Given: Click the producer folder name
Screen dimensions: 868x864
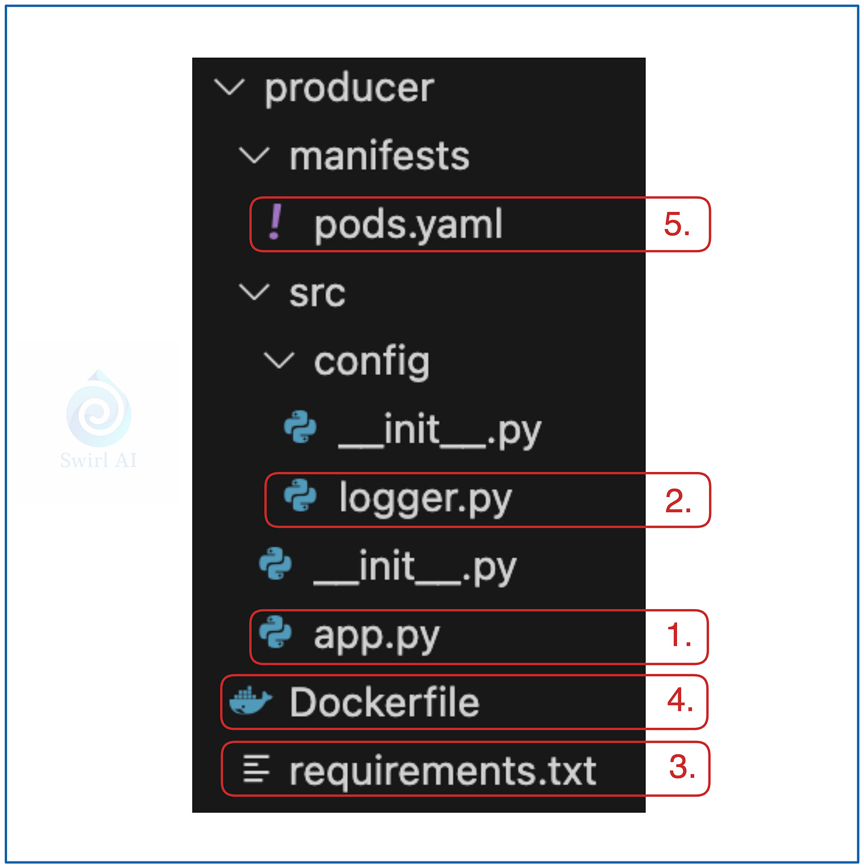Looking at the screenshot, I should pos(349,89).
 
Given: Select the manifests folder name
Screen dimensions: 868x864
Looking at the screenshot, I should pos(379,156).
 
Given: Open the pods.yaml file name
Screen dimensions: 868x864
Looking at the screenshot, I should pos(408,225).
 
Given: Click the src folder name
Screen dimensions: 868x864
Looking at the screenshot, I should pos(317,293).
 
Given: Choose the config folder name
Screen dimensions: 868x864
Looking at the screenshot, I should pos(371,362).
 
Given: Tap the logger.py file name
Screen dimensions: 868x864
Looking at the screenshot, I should pos(425,499).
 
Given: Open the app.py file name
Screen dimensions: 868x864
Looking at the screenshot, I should pos(376,636).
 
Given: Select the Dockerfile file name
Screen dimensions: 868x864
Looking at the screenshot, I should pos(384,703).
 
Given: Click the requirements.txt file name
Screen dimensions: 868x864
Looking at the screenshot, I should pos(442,771).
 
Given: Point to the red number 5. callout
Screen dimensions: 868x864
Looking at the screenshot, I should pos(677,225).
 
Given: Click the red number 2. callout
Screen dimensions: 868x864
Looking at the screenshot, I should pos(678,501).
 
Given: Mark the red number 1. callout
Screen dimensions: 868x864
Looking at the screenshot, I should pos(679,636).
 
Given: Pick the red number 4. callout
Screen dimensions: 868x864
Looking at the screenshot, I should pos(680,701).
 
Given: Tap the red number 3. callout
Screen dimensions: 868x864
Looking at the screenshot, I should pos(682,768).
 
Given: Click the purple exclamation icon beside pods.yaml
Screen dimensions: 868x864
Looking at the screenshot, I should pos(275,223).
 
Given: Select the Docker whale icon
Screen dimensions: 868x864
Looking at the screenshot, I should pos(250,701).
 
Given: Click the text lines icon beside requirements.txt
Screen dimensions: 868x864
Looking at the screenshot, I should pos(256,769).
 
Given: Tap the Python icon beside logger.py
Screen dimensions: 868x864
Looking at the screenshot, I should pos(300,496).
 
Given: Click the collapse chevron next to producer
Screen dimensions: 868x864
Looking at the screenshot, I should pos(229,88).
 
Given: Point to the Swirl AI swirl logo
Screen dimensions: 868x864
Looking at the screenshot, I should pos(99,410).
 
